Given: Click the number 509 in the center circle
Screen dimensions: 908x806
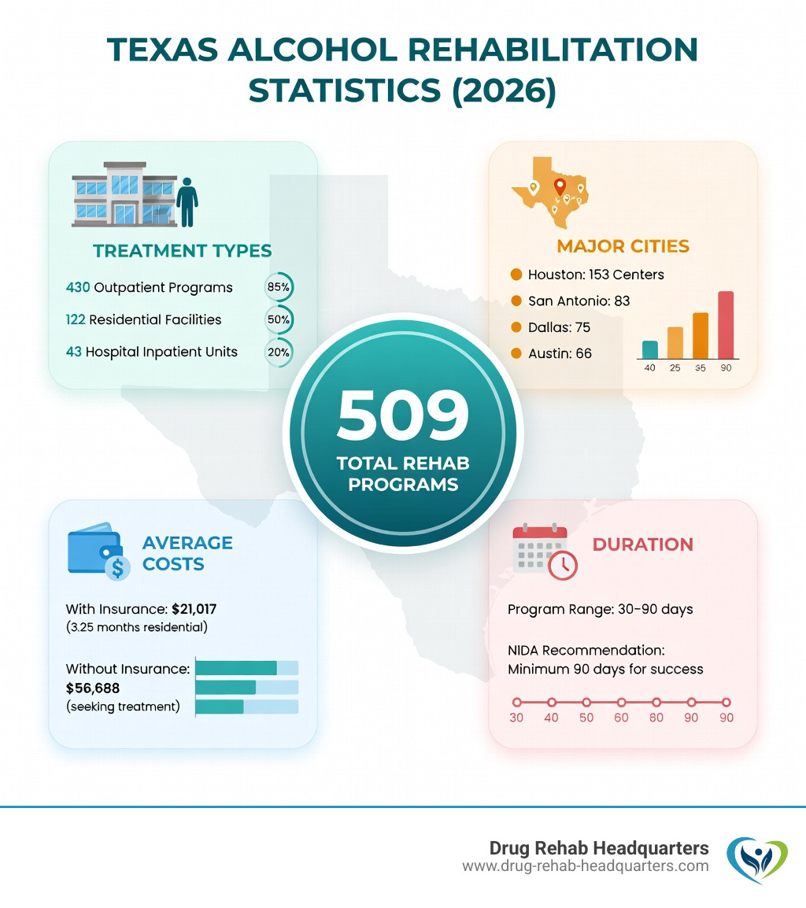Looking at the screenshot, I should (x=402, y=417).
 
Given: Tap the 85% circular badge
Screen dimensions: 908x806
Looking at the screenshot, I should (x=278, y=287).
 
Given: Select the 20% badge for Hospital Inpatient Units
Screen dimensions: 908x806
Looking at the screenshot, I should (x=278, y=352).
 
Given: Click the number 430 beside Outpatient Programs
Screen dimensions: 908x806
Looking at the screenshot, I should (x=78, y=287).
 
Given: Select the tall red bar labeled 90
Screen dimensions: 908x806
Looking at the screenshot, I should (x=726, y=325).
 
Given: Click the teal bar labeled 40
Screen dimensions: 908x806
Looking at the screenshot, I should (x=650, y=349).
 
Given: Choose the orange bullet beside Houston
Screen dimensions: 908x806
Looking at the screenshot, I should (x=516, y=275).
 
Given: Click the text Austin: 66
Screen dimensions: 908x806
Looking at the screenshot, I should (x=560, y=353).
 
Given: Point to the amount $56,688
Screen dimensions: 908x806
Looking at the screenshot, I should (x=93, y=688).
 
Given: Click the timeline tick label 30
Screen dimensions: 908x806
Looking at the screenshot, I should (x=516, y=718).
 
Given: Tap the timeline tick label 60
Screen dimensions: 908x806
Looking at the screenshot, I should (x=621, y=718).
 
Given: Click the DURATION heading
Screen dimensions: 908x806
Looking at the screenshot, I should (x=642, y=544).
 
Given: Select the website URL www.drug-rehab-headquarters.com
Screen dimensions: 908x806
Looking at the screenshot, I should (x=585, y=866).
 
